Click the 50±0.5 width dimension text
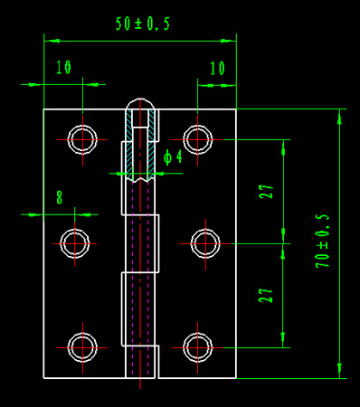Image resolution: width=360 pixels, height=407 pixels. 143,24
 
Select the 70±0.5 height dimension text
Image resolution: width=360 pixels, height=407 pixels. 322,241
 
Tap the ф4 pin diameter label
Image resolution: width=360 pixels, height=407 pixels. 173,157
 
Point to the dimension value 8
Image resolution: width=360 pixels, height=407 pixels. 60,197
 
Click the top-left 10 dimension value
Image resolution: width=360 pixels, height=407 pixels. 63,67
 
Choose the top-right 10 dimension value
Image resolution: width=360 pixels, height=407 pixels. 217,69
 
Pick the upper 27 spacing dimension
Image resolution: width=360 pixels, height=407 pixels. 266,192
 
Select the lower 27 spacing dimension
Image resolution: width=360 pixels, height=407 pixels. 265,296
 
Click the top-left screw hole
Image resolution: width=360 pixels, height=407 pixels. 82,139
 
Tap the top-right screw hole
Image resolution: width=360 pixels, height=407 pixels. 197,139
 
